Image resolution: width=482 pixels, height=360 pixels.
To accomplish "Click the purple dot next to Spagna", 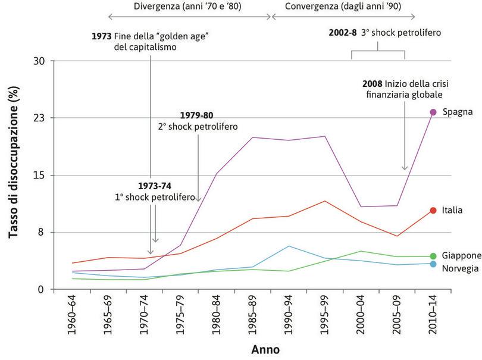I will click(x=433, y=112).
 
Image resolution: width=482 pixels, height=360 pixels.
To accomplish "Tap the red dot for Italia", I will click(x=433, y=210).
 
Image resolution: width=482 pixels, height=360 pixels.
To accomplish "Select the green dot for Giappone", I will click(x=433, y=256).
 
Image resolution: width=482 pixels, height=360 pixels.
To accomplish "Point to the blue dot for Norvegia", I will click(x=433, y=264).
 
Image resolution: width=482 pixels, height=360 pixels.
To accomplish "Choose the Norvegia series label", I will click(x=460, y=269).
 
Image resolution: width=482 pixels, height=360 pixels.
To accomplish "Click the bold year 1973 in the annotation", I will click(x=101, y=36).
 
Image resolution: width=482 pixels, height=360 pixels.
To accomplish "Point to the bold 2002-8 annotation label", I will click(x=343, y=33).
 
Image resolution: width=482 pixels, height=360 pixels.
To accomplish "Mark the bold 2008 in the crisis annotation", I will click(x=373, y=83).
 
